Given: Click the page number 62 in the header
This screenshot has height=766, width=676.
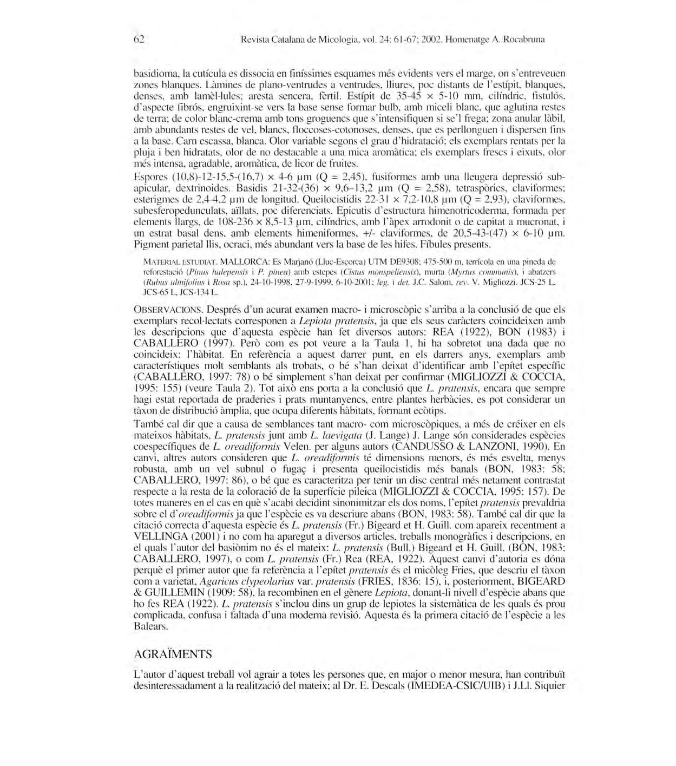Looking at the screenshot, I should [139, 39].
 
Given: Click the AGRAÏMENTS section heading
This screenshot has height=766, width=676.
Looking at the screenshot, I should [173, 654].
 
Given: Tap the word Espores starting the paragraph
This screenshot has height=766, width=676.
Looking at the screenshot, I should [150, 177].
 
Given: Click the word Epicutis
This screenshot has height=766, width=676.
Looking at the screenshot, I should [354, 211].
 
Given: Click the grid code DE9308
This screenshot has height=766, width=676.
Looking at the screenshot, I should [406, 261].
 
